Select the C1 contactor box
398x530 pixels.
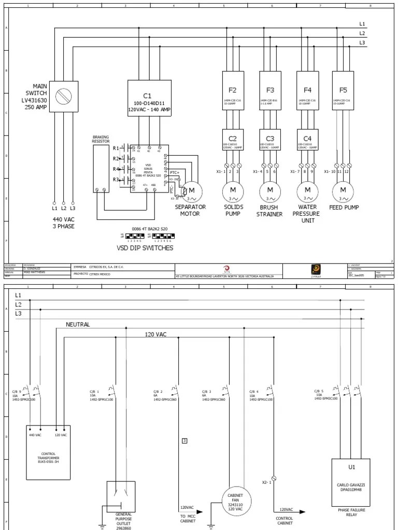tap(149, 98)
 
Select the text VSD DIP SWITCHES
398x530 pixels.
tap(145, 248)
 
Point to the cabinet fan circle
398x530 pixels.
tap(235, 501)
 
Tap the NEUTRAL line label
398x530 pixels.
tap(78, 325)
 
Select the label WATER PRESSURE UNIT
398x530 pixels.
tap(306, 213)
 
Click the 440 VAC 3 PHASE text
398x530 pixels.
tap(63, 223)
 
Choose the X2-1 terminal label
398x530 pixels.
tap(266, 482)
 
